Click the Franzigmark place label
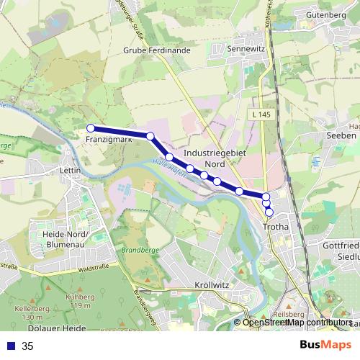107,139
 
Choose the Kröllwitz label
212,285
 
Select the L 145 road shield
262,114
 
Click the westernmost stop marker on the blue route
91,128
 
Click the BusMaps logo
325,345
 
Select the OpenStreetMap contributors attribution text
297,322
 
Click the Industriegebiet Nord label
210,158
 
